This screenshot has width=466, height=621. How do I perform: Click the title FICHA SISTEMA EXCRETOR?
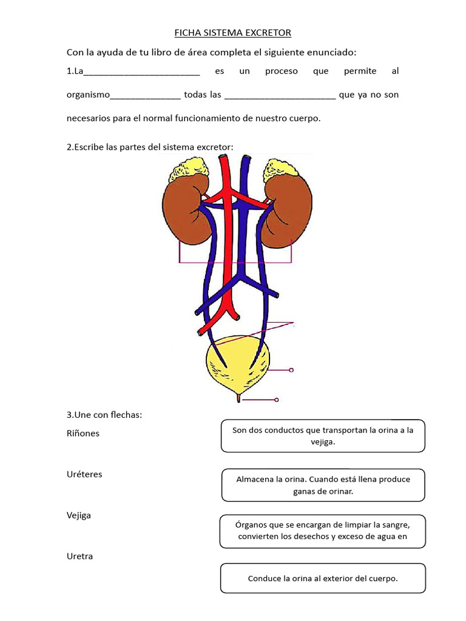tap(233, 32)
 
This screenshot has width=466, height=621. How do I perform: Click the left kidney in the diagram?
tap(186, 209)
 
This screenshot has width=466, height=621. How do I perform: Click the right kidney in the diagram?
tap(289, 209)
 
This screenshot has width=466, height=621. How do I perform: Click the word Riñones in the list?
tap(83, 434)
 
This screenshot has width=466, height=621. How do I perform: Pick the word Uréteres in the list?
tap(84, 474)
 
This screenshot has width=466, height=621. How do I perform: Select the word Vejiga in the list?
tap(79, 515)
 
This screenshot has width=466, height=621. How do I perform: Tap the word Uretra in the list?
tap(79, 556)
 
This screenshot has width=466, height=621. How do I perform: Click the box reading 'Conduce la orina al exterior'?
tap(323, 578)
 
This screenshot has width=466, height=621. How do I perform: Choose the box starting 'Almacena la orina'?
tap(323, 485)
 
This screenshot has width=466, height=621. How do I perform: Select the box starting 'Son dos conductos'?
tap(323, 436)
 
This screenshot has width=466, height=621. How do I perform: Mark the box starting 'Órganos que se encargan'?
tap(323, 530)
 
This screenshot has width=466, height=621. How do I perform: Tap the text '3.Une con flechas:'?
tap(104, 415)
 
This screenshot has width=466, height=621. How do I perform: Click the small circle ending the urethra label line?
tap(277, 400)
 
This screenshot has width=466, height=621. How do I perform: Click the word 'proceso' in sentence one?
tap(282, 72)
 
